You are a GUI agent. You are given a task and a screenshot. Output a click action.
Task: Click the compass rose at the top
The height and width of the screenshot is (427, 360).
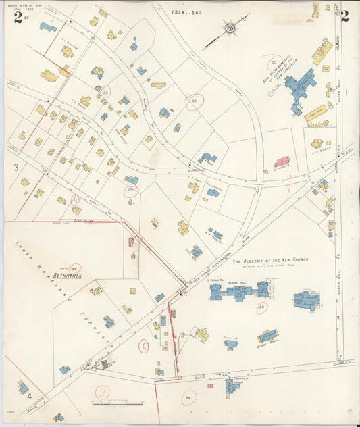tap(230, 28)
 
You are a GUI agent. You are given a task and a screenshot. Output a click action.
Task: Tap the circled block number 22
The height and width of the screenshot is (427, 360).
tap(195, 102)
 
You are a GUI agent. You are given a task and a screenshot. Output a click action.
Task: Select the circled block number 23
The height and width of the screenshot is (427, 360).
tap(105, 91)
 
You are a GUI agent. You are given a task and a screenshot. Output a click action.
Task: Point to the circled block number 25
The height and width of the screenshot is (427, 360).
tap(261, 307)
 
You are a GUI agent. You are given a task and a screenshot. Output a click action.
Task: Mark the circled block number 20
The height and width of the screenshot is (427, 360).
tap(274, 62)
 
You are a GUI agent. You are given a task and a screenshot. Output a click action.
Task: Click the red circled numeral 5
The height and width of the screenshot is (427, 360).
tap(143, 347)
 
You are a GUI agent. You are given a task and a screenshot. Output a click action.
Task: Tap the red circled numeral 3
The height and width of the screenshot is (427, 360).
tap(102, 391)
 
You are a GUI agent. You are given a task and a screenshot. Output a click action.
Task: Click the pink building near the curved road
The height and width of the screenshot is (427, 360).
tap(282, 161)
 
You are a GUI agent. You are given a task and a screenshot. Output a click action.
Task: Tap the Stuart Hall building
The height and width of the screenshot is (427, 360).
tap(267, 335)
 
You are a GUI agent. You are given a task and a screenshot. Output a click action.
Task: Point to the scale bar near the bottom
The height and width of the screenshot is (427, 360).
tap(118, 403)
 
